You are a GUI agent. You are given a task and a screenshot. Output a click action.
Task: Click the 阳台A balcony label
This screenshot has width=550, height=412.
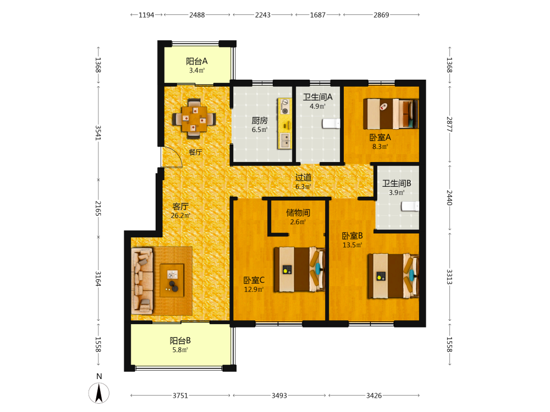(197, 62)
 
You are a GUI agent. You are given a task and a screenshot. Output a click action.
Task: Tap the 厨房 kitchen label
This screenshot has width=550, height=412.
(260, 120)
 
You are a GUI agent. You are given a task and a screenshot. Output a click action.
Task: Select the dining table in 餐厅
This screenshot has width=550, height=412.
(194, 119)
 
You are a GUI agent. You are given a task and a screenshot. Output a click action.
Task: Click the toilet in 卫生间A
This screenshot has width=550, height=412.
(331, 123)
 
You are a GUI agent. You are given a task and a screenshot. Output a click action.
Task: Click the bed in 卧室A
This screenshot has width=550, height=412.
(391, 114)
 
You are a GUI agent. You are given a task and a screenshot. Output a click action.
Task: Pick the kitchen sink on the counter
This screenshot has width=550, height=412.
(285, 140)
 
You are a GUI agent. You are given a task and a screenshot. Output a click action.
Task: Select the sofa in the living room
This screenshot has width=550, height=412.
(142, 281)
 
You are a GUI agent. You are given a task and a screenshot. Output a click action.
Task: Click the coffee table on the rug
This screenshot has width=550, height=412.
(172, 280)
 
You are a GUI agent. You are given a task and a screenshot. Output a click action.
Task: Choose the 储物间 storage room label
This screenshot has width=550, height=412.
(298, 213)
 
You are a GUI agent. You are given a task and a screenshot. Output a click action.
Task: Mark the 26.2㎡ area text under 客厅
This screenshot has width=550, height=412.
(180, 215)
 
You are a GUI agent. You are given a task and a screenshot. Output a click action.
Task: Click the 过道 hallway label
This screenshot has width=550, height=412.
(303, 177)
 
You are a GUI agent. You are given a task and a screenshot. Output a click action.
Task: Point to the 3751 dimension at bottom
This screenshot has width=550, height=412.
(180, 396)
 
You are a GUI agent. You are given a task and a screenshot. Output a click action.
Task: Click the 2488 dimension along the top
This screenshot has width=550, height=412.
(197, 15)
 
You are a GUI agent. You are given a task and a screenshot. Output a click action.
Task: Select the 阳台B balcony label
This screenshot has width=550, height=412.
(180, 341)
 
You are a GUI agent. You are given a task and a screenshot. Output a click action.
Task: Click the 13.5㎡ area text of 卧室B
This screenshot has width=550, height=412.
(353, 245)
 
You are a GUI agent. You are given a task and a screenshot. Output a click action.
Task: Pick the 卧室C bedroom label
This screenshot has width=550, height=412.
(254, 280)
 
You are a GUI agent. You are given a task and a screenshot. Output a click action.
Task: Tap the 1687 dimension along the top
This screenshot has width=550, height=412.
(318, 15)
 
